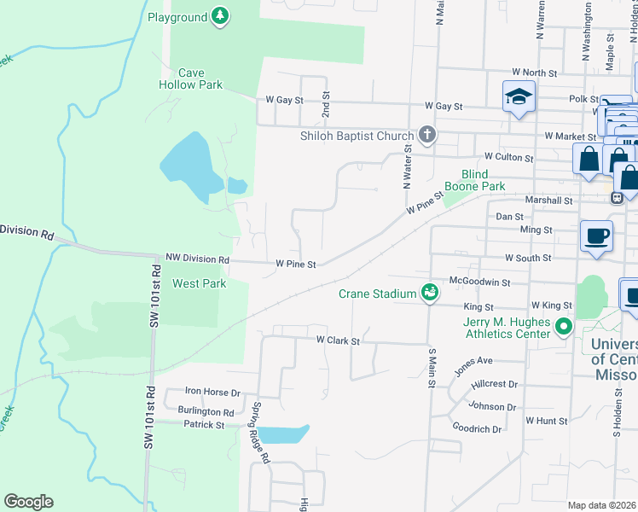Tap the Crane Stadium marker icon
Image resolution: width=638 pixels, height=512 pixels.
tap(430, 293)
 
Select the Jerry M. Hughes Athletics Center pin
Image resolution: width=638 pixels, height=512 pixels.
tap(563, 327)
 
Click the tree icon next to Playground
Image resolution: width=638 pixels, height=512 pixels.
tap(221, 16)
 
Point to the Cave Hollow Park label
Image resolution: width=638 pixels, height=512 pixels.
tap(190, 79)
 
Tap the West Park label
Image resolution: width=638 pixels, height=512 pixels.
tap(200, 283)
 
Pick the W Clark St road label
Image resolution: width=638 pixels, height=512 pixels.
tap(339, 340)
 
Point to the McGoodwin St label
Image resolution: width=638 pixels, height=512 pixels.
tap(479, 282)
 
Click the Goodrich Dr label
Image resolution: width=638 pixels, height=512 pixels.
tap(477, 428)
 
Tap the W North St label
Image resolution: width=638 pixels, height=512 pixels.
tap(534, 73)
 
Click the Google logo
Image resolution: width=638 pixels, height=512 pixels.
tap(28, 502)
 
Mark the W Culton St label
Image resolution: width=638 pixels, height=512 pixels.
tap(508, 157)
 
